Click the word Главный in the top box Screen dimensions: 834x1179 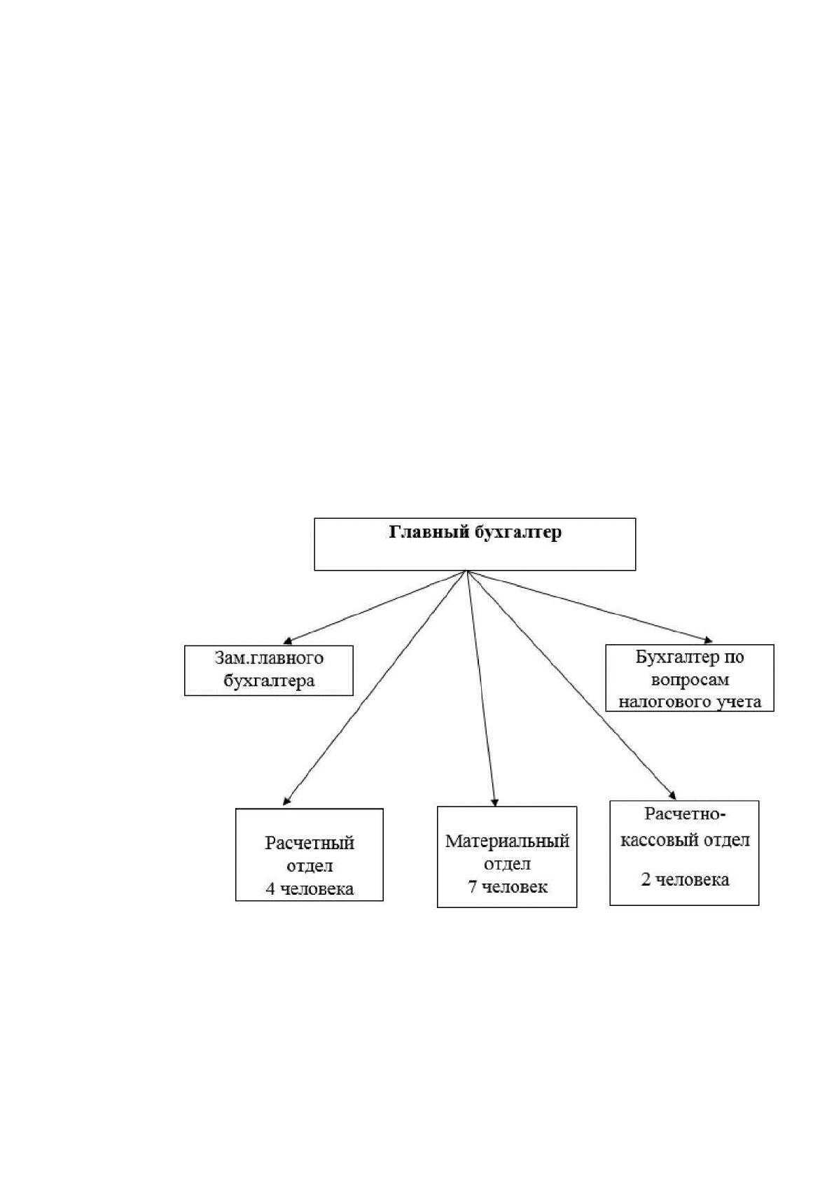pos(430,533)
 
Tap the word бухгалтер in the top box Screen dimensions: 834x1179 pos(519,533)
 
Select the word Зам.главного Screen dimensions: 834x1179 pos(269,658)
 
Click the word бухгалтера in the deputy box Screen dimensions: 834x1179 pos(269,681)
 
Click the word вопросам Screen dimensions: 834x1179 pos(690,680)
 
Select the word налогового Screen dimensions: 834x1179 pos(662,702)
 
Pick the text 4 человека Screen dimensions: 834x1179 pos(310,889)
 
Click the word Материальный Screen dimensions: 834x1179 pos(508,841)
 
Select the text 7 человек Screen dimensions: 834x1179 pos(508,887)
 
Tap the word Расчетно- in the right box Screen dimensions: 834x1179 pos(685,814)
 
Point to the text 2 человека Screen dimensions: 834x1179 pos(685,880)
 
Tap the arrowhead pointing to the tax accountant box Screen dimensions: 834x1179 pos(709,641)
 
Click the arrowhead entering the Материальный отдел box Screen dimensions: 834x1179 pos(494,802)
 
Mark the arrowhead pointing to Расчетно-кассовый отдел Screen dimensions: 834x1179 pos(672,795)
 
